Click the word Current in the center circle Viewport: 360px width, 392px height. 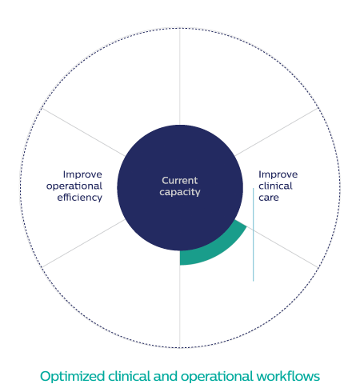click(180, 181)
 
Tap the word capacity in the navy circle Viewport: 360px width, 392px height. click(180, 192)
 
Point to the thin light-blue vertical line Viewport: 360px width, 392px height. click(253, 234)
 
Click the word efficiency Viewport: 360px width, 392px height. click(80, 198)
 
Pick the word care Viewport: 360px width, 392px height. click(269, 198)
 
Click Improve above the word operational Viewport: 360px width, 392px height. click(82, 174)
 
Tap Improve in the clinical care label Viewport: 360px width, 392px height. click(278, 174)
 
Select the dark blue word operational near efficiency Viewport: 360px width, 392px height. click(74, 186)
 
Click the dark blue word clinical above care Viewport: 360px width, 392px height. click(275, 186)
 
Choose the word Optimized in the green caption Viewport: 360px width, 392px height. click(72, 377)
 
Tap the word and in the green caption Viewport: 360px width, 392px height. click(166, 376)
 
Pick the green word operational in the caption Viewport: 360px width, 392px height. click(217, 377)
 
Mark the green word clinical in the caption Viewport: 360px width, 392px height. click(129, 376)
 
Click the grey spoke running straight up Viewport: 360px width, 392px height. click(180, 77)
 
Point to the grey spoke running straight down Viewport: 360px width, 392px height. click(180, 306)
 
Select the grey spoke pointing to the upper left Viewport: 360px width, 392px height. click(83, 132)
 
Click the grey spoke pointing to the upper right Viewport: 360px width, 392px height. click(277, 132)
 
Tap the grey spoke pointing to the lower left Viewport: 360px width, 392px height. click(83, 243)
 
